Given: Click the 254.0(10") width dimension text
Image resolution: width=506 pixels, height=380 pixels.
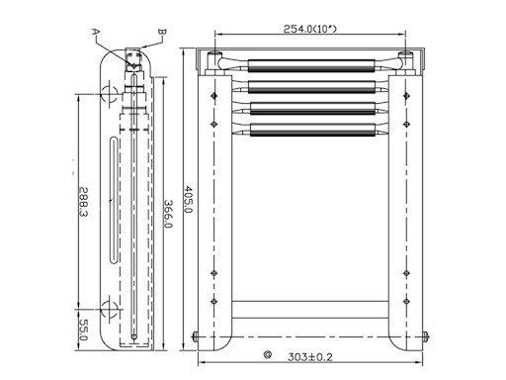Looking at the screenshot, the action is click(310, 29).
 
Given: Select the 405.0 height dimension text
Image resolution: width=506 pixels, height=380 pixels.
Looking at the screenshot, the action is click(188, 199).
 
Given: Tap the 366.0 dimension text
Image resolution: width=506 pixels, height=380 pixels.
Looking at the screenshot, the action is click(168, 214).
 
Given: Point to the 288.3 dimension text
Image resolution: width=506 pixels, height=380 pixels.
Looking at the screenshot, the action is click(83, 202).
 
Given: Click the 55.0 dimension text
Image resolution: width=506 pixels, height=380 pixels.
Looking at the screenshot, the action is click(83, 330).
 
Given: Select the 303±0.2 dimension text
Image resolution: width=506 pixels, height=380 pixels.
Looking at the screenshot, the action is click(310, 357).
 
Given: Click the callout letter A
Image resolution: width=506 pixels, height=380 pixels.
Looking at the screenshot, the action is click(96, 32).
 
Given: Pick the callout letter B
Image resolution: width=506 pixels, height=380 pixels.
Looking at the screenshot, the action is click(162, 32).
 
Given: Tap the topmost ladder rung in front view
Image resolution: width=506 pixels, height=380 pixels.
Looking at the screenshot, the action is click(311, 65).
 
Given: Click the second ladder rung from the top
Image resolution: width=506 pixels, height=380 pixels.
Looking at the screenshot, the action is click(311, 87).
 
